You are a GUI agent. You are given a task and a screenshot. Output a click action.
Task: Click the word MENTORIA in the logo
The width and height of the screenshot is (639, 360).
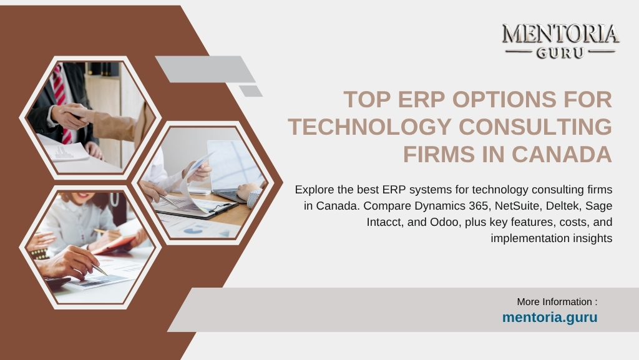tap(560, 34)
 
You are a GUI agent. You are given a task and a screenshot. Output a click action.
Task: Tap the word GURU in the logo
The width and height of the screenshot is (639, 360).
tap(560, 53)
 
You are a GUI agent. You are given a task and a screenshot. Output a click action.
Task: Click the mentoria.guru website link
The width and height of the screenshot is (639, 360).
tap(550, 318)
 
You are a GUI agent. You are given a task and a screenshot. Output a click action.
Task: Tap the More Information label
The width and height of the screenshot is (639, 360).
tap(557, 302)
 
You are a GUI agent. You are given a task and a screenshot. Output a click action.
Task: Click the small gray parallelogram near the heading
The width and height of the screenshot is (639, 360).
tap(251, 91)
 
